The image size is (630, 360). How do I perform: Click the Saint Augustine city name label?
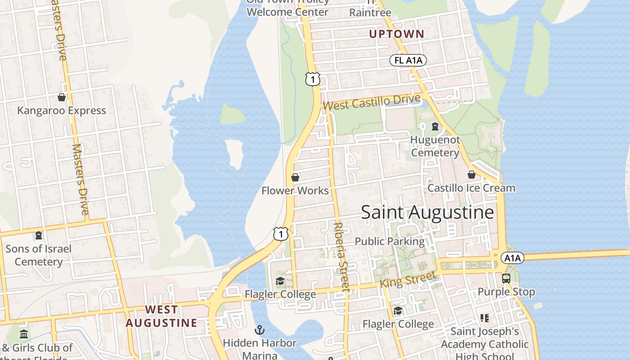(x=427, y=212)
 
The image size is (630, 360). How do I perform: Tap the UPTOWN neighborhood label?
(x=396, y=34)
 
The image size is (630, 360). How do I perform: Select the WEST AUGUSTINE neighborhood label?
(x=161, y=316)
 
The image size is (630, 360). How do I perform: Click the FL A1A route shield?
(x=408, y=60)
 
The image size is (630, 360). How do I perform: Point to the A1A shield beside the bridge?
(x=512, y=258)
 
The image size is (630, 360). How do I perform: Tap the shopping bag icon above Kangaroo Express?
(x=62, y=97)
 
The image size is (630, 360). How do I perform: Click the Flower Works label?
(x=295, y=191)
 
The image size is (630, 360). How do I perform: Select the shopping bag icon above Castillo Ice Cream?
(x=471, y=175)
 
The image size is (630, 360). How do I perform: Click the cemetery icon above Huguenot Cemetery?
(x=435, y=126)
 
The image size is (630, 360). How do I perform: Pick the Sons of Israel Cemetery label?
(x=39, y=255)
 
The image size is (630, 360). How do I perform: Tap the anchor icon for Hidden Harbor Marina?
(x=260, y=330)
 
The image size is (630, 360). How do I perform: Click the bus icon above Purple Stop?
(x=506, y=278)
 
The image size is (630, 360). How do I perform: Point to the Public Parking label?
(x=389, y=241)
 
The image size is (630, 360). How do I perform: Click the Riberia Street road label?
(x=342, y=256)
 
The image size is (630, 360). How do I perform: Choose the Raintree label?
(x=370, y=12)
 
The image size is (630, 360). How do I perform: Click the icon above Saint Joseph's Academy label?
(x=484, y=318)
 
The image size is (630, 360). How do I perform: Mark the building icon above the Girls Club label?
(x=24, y=334)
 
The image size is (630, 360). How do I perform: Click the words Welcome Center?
(x=288, y=12)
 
